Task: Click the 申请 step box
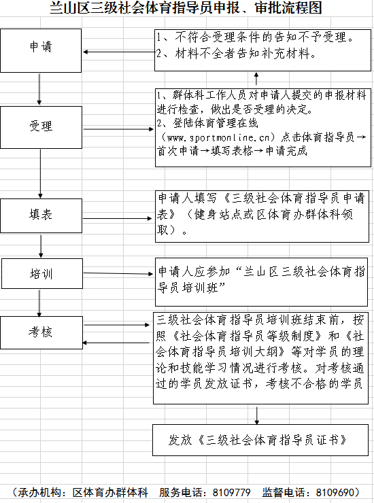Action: (41, 51)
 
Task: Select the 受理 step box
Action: (41, 127)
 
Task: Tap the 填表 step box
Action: (41, 215)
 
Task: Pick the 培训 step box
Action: (42, 274)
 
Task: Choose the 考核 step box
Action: (41, 332)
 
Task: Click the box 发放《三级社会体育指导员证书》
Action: (260, 440)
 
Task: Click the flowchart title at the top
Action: (186, 7)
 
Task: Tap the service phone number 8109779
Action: (231, 492)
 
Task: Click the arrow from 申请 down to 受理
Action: (39, 89)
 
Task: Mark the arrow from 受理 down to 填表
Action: (40, 173)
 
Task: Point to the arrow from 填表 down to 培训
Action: (41, 246)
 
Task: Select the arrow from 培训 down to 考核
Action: (39, 303)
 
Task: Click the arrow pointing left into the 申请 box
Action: (119, 52)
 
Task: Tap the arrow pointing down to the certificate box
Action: (257, 415)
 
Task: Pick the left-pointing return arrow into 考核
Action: (116, 343)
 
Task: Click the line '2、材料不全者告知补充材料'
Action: (237, 54)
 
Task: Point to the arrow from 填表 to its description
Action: (118, 218)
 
